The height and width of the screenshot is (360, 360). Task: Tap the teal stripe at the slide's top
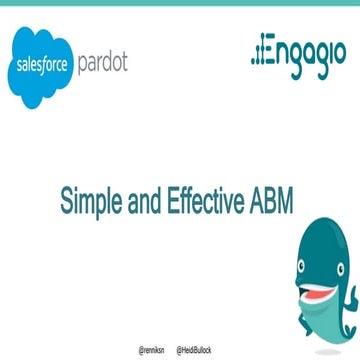[180, 3]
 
